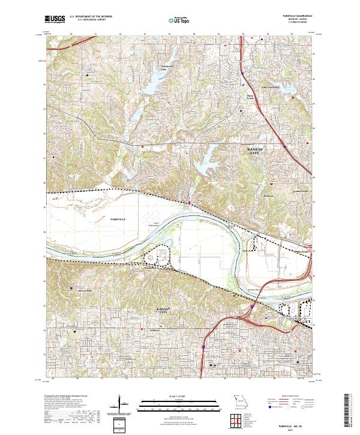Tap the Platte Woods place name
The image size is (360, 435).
tap(251, 95)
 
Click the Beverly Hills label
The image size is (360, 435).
tap(86, 290)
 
